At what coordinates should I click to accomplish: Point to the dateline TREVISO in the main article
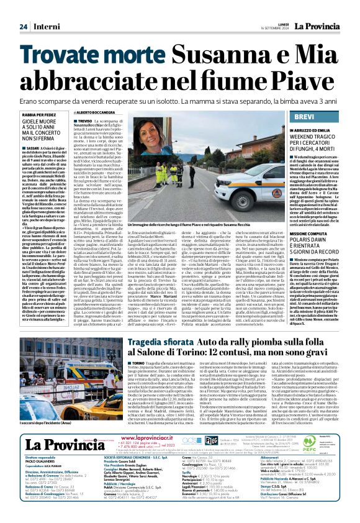pyautogui.click(x=84, y=121)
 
